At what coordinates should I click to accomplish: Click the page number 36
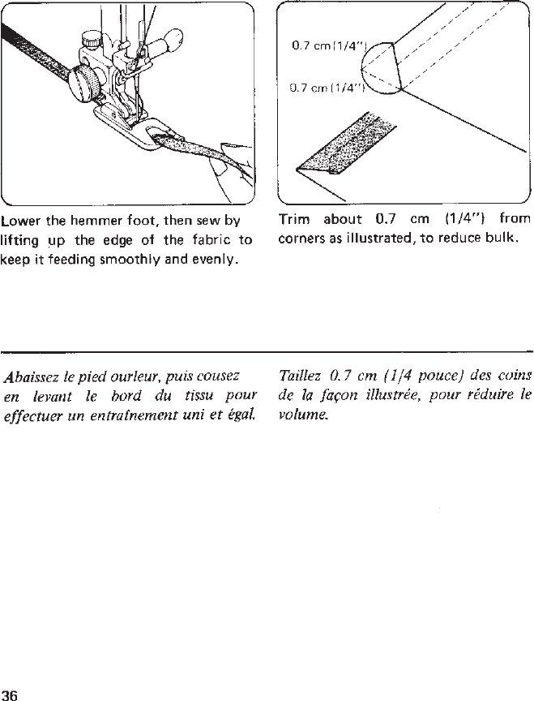pos(11,694)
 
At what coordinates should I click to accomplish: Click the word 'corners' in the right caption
pos(299,239)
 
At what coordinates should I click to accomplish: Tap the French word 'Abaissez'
pos(31,376)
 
